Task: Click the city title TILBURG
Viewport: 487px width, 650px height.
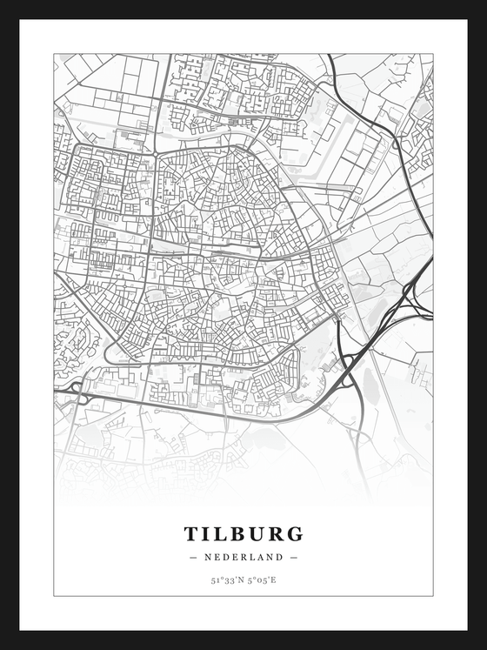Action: coord(243,533)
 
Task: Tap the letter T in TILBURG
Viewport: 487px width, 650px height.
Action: coord(190,533)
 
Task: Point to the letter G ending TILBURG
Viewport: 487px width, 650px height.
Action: coord(296,533)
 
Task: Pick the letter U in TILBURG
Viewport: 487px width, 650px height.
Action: coord(260,533)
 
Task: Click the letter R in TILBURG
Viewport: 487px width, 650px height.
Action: coord(277,533)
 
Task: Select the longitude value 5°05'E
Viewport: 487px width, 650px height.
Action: coord(262,580)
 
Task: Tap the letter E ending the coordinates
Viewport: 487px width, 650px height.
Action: coord(274,580)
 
